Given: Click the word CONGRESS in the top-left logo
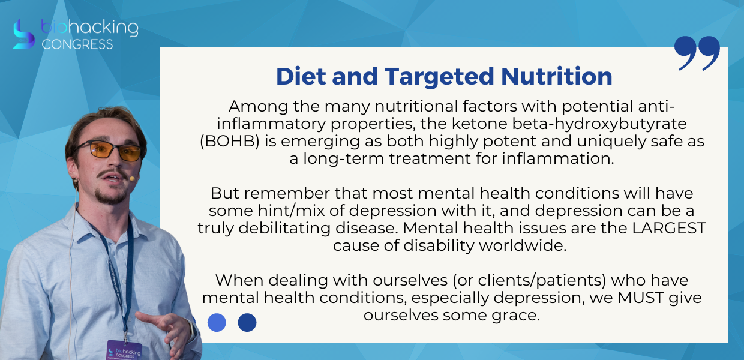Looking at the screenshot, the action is [x=77, y=44].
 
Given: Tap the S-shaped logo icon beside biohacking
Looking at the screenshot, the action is [x=23, y=34].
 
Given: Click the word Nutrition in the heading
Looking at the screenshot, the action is [x=557, y=76].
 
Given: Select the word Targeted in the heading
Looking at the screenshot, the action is [x=439, y=77].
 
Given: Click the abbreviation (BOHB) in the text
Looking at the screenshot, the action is [x=230, y=141].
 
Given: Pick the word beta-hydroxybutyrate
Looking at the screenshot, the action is [x=599, y=124].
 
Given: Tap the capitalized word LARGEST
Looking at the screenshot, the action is [x=668, y=228].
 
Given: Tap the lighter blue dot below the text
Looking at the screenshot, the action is [x=217, y=322].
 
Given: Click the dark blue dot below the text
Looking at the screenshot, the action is [x=247, y=322].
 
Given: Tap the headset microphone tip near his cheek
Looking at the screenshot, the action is [x=132, y=179].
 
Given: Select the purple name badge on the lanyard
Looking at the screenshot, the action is [x=125, y=350].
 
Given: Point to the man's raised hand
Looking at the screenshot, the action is [x=166, y=329].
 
